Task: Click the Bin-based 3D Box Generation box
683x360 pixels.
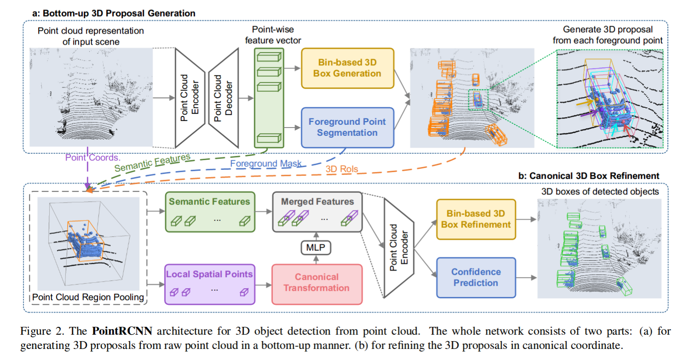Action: (347, 68)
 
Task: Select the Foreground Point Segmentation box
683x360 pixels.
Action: (347, 128)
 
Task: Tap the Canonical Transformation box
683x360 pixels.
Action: (316, 283)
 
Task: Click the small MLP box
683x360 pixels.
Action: (316, 248)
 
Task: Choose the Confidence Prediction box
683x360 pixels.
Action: (475, 278)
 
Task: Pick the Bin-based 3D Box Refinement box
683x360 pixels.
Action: (475, 219)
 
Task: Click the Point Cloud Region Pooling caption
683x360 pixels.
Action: (87, 298)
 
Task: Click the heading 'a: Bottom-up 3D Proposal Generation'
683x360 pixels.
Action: (114, 13)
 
